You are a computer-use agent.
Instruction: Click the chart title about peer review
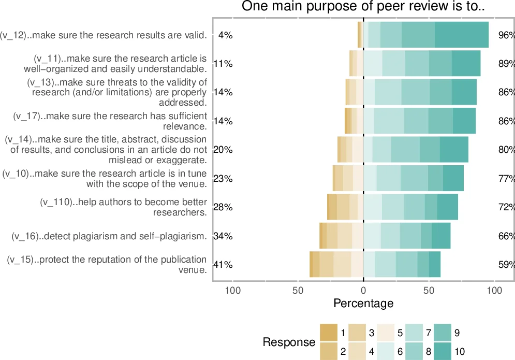pos(363,7)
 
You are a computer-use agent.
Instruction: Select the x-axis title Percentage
pos(363,303)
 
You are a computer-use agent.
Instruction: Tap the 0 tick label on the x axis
pos(363,291)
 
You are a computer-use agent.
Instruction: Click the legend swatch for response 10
pos(442,352)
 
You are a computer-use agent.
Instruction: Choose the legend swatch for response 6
pos(385,352)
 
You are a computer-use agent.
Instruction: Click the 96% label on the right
pos(506,35)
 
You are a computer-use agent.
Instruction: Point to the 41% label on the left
pos(223,265)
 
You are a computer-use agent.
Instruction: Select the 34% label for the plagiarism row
pos(223,236)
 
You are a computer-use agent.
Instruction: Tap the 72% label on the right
pos(506,207)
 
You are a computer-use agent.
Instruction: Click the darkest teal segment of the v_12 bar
pos(462,35)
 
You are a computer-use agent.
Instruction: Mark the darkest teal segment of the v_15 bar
pos(435,265)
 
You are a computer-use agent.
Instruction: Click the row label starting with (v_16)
pos(109,237)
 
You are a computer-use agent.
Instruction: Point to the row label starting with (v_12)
pos(104,35)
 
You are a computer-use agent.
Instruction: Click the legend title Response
pos(289,342)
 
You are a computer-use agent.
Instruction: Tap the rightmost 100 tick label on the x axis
pos(494,291)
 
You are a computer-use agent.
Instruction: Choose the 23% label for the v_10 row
pos(223,179)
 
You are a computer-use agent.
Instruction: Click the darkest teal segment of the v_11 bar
pos(466,64)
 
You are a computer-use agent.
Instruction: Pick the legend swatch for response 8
pos(414,352)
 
